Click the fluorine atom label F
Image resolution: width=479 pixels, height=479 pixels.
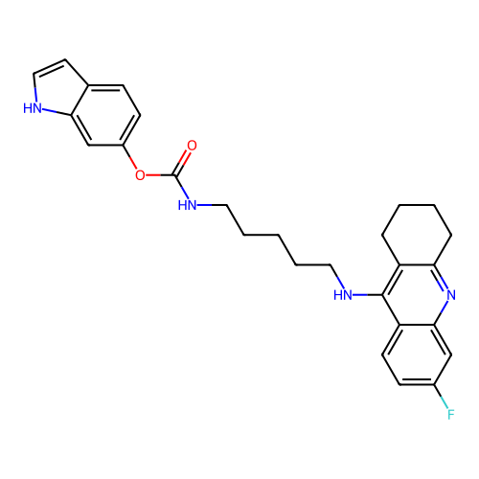pyautogui.click(x=450, y=414)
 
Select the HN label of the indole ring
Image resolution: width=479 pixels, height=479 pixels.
pyautogui.click(x=33, y=108)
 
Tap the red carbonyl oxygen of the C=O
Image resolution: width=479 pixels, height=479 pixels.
pyautogui.click(x=192, y=146)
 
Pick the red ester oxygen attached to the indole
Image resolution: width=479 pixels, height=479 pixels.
pyautogui.click(x=140, y=175)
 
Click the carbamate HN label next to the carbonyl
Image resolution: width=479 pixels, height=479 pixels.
pyautogui.click(x=188, y=205)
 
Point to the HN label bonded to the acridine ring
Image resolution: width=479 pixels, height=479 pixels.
pyautogui.click(x=343, y=295)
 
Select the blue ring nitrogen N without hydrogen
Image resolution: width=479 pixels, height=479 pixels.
pyautogui.click(x=451, y=295)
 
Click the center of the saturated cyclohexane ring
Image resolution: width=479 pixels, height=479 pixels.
pyautogui.click(x=417, y=235)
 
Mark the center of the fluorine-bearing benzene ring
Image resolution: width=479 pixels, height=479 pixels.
pyautogui.click(x=417, y=354)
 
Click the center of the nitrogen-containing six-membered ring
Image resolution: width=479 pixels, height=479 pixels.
pyautogui.click(x=417, y=295)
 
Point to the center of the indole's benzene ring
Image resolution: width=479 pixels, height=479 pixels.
pyautogui.click(x=105, y=115)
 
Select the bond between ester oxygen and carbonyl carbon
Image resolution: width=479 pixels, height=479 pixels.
pyautogui.click(x=160, y=175)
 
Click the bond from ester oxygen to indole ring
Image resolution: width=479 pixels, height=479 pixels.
pyautogui.click(x=129, y=156)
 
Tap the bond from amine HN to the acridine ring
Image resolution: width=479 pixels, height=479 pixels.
pyautogui.click(x=367, y=295)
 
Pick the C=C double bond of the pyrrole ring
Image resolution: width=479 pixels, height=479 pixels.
pyautogui.click(x=50, y=66)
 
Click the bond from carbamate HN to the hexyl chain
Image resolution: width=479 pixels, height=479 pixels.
pyautogui.click(x=212, y=205)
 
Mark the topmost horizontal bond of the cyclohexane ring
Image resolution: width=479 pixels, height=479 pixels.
pyautogui.click(x=417, y=205)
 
